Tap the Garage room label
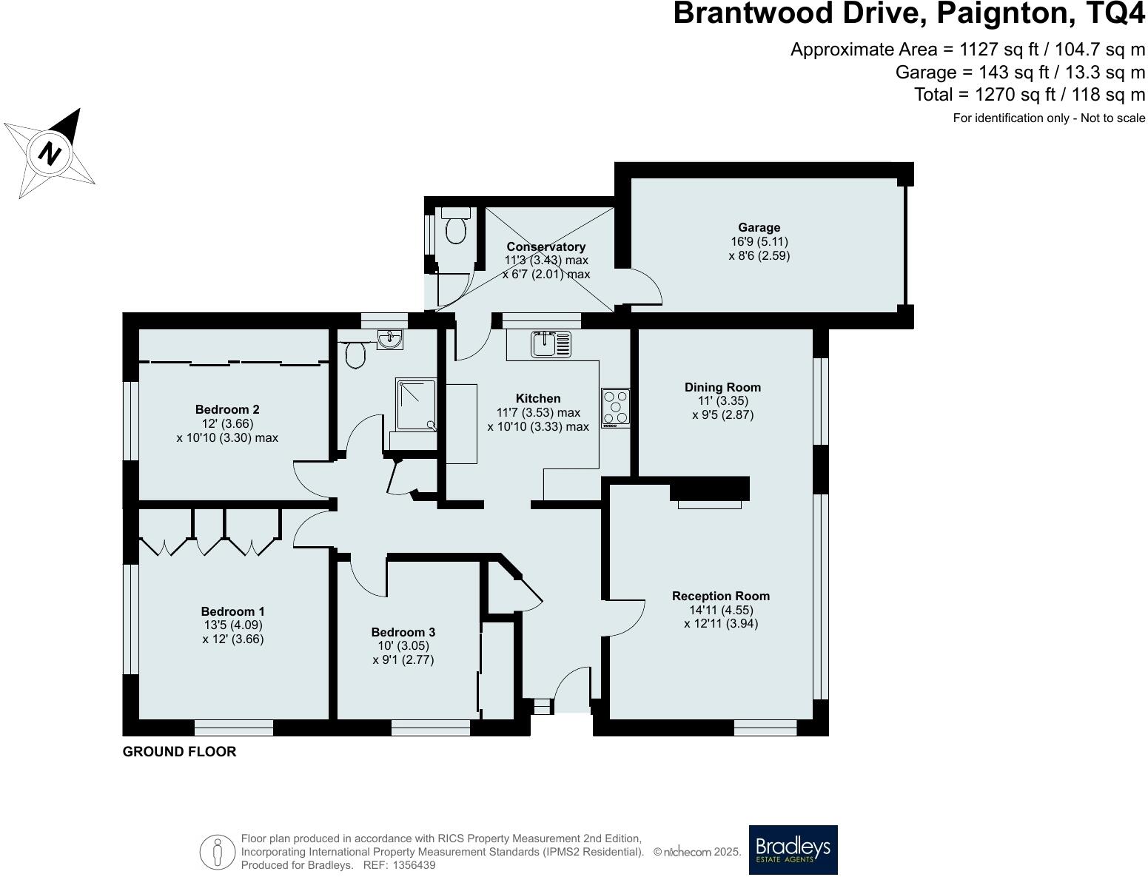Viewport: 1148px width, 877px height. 759,228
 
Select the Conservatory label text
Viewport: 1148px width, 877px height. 546,246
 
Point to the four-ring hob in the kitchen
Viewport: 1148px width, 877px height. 616,408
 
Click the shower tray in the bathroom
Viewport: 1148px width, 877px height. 416,404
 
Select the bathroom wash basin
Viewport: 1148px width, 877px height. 389,339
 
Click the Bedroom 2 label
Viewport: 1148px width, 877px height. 227,409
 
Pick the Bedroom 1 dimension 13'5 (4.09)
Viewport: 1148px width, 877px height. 232,625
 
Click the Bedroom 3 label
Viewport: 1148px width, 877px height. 403,632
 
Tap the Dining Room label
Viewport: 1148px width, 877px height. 722,387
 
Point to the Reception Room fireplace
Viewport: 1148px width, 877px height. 709,492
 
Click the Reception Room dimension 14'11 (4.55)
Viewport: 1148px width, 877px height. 721,610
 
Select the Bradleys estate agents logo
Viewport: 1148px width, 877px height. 793,850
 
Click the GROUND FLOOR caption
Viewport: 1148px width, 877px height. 179,752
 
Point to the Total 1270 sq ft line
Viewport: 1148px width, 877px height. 1029,95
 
